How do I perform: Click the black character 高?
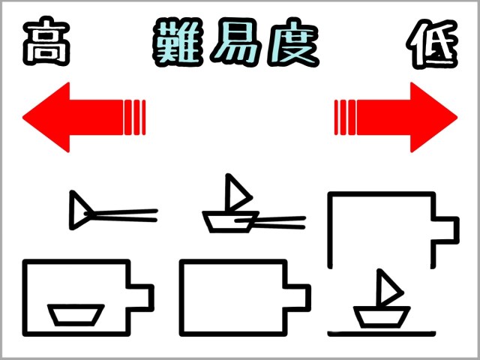46,41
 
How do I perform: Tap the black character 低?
432,43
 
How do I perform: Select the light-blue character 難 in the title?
178,42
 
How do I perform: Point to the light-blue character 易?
236,42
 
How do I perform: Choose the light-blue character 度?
293,42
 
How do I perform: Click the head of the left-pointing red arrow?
46,117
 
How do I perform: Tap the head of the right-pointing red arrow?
433,117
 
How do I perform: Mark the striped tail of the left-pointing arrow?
135,117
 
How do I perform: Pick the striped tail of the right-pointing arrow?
345,117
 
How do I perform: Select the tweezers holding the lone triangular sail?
121,215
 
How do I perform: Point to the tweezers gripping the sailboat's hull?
270,223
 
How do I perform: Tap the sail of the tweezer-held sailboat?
235,193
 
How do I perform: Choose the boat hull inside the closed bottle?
76,315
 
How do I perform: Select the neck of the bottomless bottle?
446,230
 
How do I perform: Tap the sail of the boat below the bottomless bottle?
388,289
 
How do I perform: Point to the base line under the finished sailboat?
382,334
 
